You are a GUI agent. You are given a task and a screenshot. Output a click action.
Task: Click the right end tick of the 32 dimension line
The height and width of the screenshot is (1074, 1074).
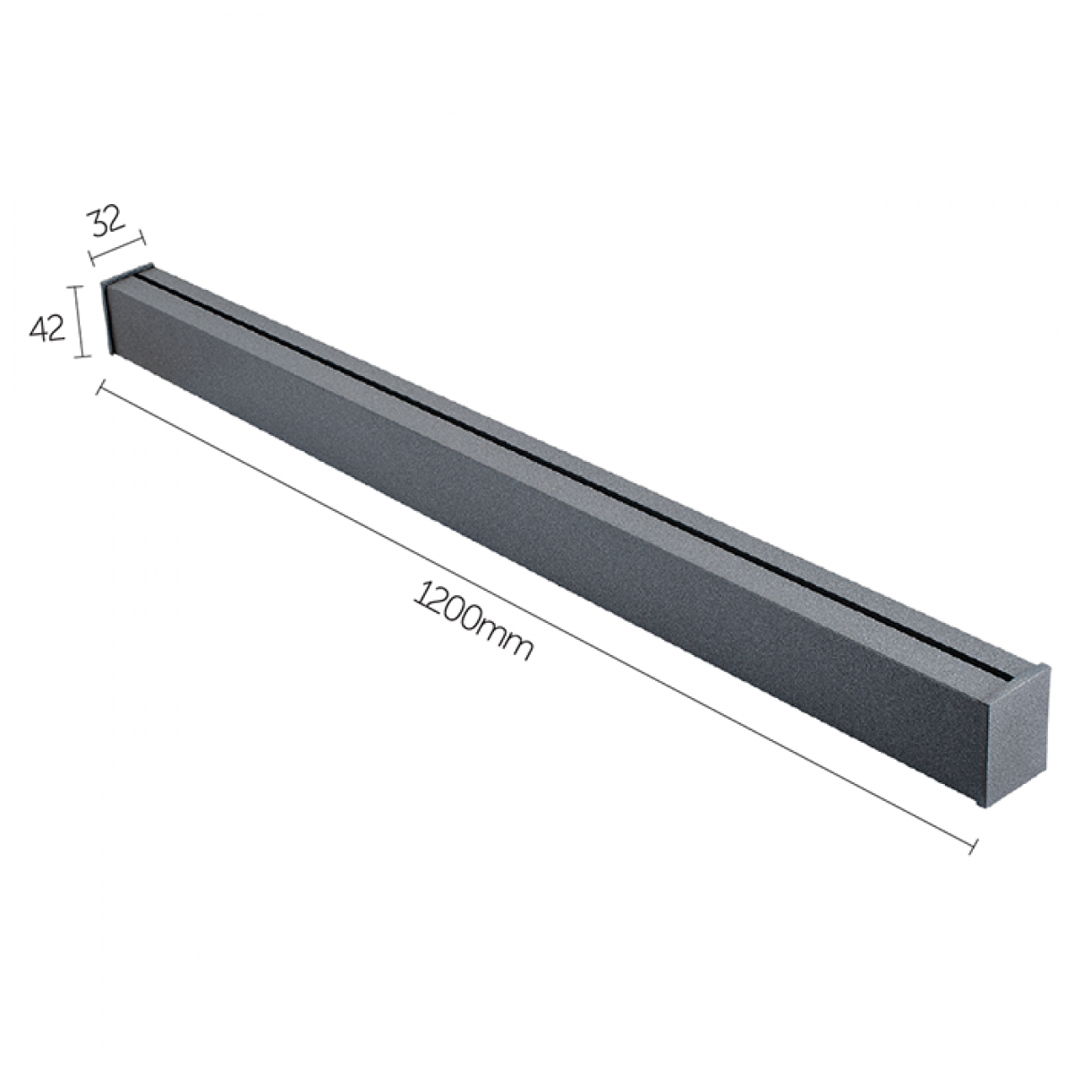coord(141,239)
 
